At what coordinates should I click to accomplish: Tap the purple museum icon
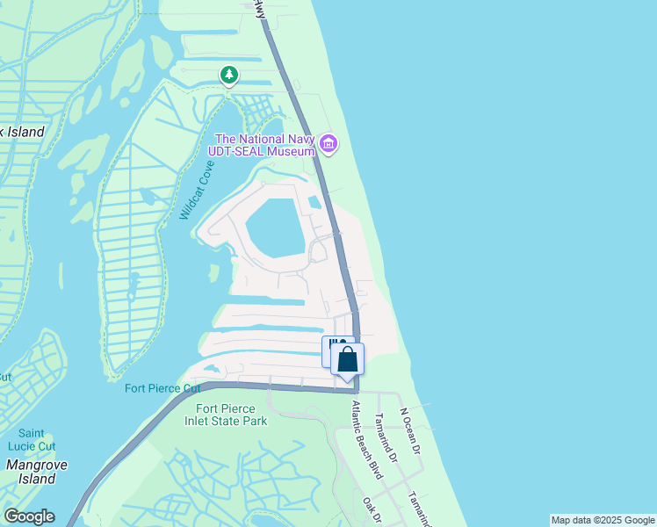(x=328, y=144)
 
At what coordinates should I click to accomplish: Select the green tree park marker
(x=229, y=76)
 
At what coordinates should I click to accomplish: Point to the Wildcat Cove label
(x=197, y=190)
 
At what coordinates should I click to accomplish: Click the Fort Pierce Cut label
(x=163, y=388)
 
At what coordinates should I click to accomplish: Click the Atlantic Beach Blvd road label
(x=367, y=440)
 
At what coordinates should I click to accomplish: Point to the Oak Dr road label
(x=372, y=511)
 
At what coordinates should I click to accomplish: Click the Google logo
(x=29, y=516)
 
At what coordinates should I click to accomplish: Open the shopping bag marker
(x=348, y=359)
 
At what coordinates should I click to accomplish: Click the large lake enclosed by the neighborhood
(x=276, y=227)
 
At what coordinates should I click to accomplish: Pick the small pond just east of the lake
(x=314, y=202)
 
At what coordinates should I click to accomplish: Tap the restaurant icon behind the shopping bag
(x=331, y=345)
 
